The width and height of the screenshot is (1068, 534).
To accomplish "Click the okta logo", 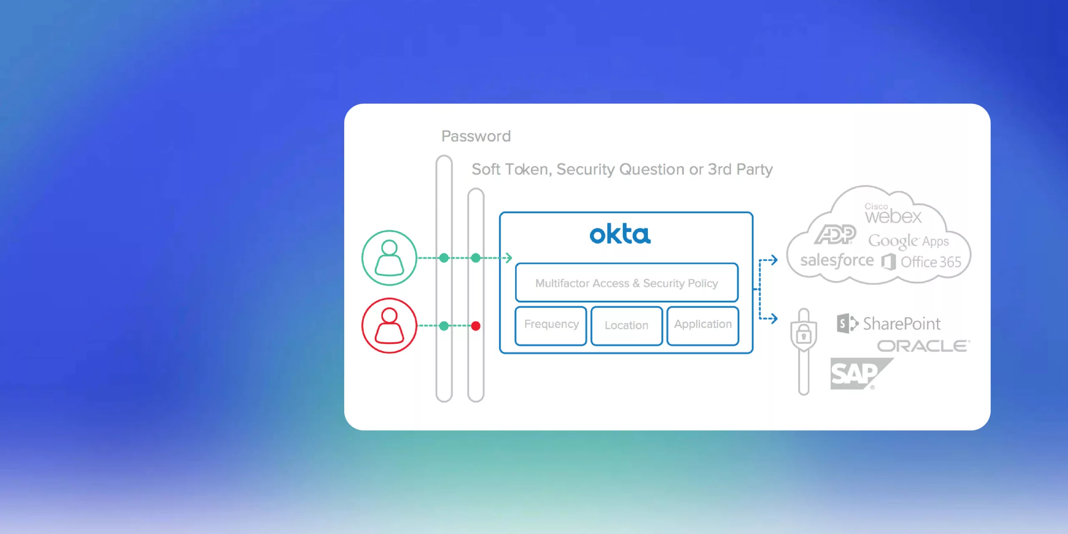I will [x=620, y=234].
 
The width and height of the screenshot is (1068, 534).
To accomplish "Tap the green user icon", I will [x=389, y=258].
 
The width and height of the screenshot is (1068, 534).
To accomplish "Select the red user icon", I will [x=389, y=325].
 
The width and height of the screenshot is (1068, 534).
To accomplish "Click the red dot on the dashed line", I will [x=476, y=326].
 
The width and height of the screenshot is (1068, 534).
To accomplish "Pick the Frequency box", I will [x=551, y=325].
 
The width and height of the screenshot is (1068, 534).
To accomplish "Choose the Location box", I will [x=627, y=326].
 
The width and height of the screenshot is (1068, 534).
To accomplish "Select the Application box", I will [x=703, y=325].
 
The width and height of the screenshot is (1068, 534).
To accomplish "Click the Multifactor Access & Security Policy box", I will [x=627, y=283].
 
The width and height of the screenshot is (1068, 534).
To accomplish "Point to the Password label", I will [x=476, y=136].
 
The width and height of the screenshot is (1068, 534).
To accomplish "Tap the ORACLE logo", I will [x=923, y=346].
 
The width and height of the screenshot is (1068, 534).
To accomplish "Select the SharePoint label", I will [x=901, y=324].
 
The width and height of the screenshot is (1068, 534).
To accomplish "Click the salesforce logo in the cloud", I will [x=836, y=261].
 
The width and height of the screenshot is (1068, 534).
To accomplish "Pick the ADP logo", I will [x=835, y=234].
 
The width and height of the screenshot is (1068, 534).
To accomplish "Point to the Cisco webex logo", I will [x=892, y=214].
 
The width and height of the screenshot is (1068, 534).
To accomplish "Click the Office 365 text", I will [x=931, y=262].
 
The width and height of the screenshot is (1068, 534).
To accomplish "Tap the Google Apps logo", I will [x=908, y=241].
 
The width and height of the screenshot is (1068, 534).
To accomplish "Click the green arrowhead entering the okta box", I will [x=509, y=258].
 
